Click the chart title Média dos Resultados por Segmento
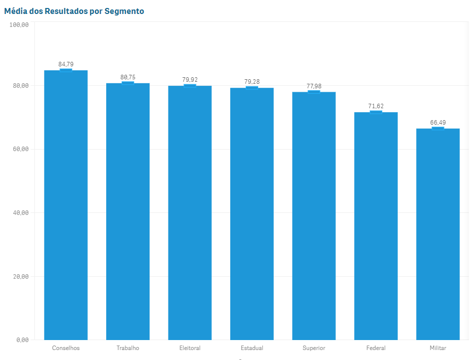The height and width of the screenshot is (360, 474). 74,11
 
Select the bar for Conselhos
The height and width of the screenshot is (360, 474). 66,204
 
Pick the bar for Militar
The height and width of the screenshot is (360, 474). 438,234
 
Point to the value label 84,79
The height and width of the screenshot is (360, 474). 66,64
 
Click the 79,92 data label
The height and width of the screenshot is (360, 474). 190,80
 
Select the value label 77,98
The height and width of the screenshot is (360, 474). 314,86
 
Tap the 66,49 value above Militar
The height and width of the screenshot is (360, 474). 438,123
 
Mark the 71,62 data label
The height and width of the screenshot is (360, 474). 376,106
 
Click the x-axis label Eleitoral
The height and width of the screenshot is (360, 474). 190,348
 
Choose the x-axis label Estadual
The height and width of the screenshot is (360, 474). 252,348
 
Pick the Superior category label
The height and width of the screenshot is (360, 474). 314,348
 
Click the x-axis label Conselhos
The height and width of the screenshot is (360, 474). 66,348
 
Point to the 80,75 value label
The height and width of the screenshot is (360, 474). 128,77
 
